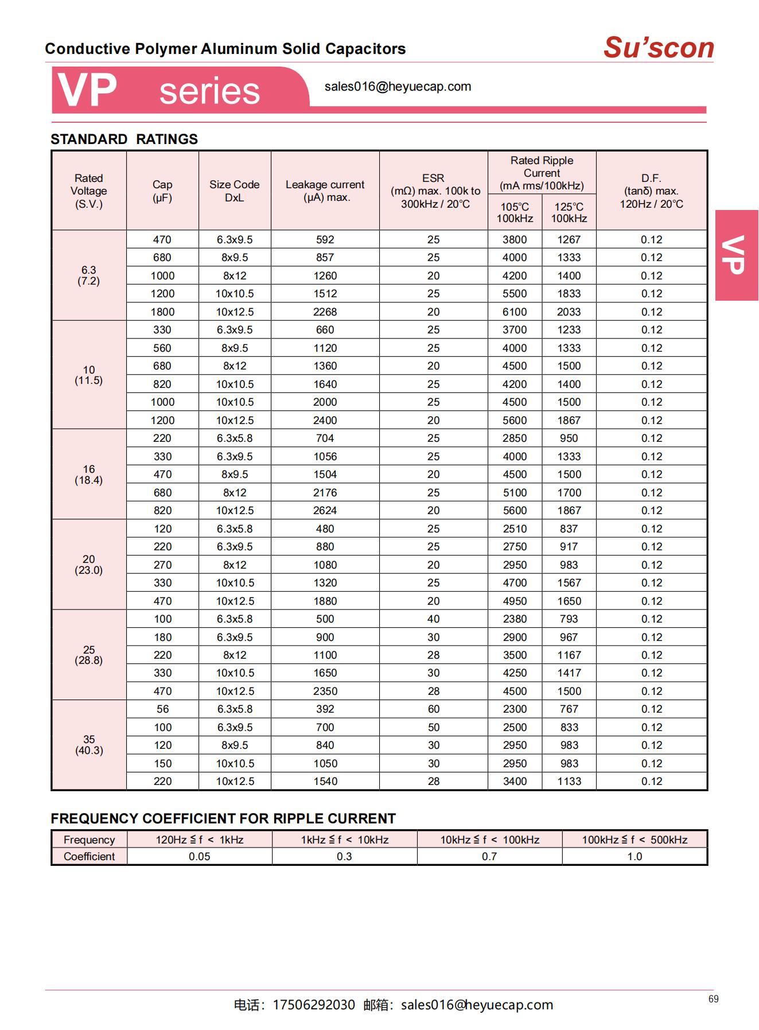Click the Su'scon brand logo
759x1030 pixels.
pos(658,48)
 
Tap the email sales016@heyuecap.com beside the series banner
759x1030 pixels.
pos(398,87)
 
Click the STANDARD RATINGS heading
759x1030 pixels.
pos(124,139)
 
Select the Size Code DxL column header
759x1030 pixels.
pos(234,191)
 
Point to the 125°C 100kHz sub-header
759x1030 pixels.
pos(569,212)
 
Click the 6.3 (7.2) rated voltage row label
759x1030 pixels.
pos(89,275)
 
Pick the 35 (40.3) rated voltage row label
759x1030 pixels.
pos(89,745)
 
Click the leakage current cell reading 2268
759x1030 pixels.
pos(325,312)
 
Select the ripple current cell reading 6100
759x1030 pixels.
pos(515,312)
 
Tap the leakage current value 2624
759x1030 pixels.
pos(325,510)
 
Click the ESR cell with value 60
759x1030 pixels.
pos(433,709)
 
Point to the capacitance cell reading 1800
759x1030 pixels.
pos(162,312)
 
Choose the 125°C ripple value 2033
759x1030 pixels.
pos(569,312)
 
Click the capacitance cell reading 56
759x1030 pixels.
pos(162,709)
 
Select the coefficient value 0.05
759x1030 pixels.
pos(199,856)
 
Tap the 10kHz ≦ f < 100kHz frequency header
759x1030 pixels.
pos(489,839)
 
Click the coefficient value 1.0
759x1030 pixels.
pos(635,856)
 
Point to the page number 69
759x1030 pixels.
pos(713,999)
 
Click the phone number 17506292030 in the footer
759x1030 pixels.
pos(313,1005)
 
